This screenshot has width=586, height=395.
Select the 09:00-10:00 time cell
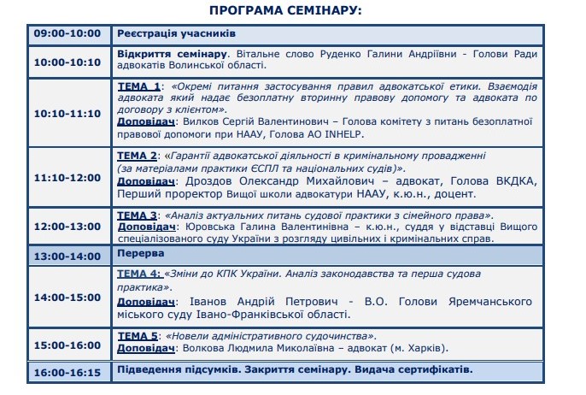tap(67, 34)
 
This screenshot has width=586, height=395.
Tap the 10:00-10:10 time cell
tap(67, 62)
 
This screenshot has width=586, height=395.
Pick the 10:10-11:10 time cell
tap(67, 113)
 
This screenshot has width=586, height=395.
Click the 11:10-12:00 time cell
tap(67, 177)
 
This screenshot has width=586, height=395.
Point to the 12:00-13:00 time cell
tap(67, 227)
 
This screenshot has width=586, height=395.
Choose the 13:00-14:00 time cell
tap(67, 255)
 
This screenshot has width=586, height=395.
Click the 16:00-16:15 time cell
tap(67, 372)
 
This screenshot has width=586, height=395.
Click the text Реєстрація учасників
tap(176, 34)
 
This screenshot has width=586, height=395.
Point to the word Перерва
tap(142, 255)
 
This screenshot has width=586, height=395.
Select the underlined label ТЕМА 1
tap(138, 87)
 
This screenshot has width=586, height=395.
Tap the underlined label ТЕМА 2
tap(138, 156)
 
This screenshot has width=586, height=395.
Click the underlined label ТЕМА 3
tap(138, 215)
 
